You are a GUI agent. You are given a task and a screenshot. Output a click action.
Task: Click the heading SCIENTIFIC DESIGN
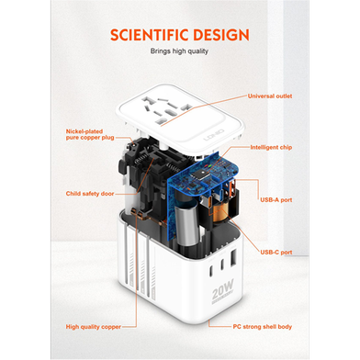coord(180,35)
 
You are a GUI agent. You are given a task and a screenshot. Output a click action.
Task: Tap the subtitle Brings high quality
coord(179,51)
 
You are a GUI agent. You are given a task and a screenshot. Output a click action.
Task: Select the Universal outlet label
coord(270,96)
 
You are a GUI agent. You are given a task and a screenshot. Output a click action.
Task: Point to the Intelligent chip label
coord(271,147)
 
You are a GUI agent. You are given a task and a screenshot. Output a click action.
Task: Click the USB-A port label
coord(276,200)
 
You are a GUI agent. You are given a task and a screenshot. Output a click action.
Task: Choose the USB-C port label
coord(276,253)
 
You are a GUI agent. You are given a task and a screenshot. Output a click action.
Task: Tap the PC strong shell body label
coord(262,327)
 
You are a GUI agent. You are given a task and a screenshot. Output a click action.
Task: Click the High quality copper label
coord(94,327)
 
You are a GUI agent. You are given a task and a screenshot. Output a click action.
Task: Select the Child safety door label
coord(90,194)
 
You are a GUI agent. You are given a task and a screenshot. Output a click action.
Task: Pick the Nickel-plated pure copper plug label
coord(90,134)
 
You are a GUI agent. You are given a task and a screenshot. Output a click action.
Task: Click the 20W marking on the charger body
coord(223,289)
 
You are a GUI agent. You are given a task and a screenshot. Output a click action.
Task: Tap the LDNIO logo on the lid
coord(214,135)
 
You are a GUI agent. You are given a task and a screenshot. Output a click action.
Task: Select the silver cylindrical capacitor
coord(186,222)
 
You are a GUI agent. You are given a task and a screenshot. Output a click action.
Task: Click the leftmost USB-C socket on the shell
coord(212,270)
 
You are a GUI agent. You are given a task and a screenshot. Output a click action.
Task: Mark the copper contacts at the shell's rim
coord(137,213)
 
